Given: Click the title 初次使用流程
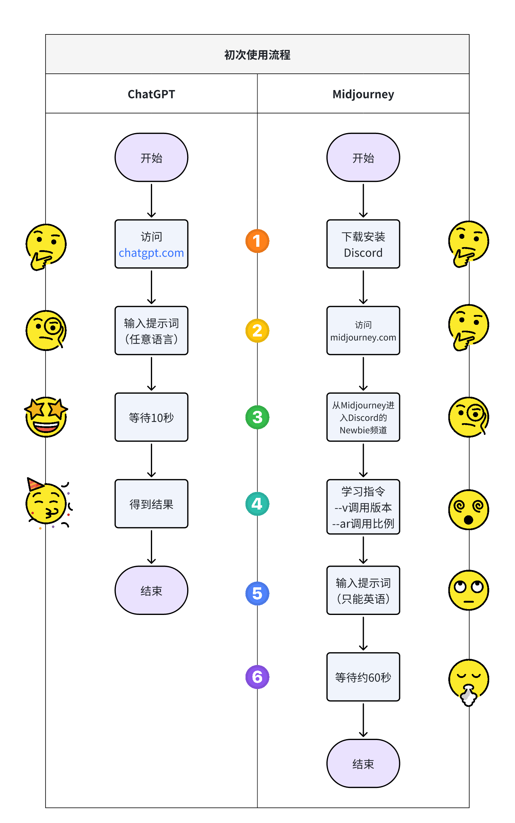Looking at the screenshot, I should point(257,55).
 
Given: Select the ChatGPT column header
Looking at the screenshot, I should point(151,94).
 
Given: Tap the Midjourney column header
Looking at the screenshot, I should point(363,94).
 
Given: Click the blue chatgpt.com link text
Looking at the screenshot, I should point(151,253).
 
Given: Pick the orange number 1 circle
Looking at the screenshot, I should point(257,241).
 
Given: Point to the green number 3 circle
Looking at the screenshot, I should point(257,417).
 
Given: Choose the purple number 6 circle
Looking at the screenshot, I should point(257,677).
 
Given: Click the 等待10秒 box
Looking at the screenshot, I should point(151,417).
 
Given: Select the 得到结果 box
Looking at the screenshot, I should point(151,504).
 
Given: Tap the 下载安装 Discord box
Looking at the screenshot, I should point(363,244).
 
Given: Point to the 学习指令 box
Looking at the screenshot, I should point(363,507).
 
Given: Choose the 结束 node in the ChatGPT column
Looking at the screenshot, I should point(151,590).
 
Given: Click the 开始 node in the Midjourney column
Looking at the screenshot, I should point(363,157).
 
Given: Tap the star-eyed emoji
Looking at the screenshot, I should point(46,416).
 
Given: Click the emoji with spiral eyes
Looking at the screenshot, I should point(469,510).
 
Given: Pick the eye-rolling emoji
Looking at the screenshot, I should point(469,590).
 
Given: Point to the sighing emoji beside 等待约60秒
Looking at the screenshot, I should point(469,681).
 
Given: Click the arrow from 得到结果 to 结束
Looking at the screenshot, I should point(151,547).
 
